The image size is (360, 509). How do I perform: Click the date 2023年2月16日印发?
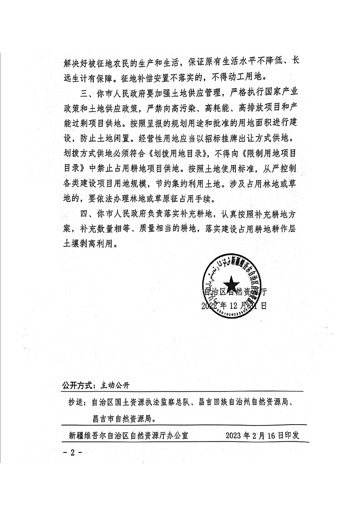(263, 436)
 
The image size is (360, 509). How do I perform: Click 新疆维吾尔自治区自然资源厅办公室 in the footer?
(128, 436)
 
